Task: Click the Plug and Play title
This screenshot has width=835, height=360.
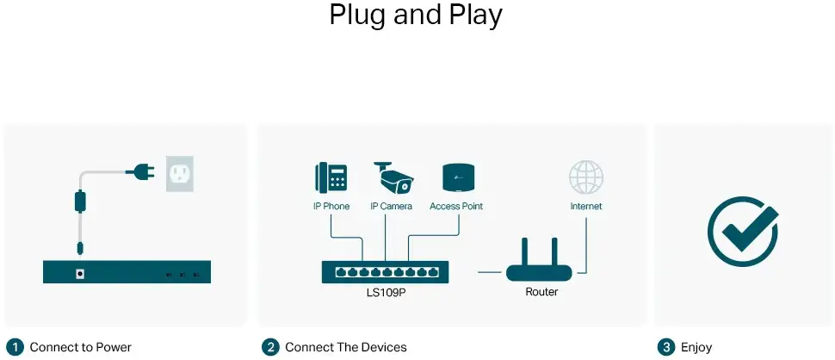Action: (x=417, y=16)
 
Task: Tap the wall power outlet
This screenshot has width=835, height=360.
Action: (x=180, y=174)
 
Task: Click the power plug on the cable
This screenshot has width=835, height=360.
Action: (x=139, y=173)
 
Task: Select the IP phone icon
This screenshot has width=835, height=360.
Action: (x=331, y=177)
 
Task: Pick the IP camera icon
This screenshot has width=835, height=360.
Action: (x=393, y=177)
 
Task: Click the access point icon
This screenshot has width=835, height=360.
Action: (x=456, y=177)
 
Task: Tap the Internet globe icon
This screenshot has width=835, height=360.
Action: (x=586, y=177)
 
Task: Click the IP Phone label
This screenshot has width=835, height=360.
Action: (x=331, y=207)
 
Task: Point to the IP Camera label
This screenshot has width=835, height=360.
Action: (x=392, y=207)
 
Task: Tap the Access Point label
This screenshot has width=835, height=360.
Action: (x=456, y=207)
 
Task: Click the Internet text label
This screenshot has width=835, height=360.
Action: (x=586, y=207)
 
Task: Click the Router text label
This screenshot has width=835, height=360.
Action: (x=541, y=292)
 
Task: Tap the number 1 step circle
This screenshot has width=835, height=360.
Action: (x=14, y=347)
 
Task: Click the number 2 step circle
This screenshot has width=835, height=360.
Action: (x=271, y=347)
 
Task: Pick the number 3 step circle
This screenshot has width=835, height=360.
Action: (x=666, y=347)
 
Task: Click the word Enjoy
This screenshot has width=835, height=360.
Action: (x=696, y=347)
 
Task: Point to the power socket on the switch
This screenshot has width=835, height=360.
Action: (x=80, y=274)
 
